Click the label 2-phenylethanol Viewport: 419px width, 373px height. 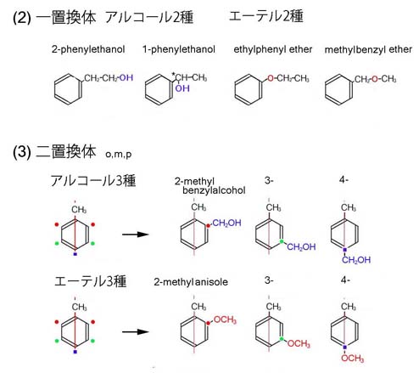88,49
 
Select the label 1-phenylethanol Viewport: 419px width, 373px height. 179,49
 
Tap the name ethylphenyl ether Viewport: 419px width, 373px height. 273,49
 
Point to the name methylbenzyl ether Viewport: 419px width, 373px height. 368,49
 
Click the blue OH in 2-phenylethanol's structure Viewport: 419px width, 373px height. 126,78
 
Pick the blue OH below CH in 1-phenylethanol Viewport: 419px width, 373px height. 182,88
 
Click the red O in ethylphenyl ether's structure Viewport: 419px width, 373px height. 271,78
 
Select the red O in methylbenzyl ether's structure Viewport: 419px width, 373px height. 375,79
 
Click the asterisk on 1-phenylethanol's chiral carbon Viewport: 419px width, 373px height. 174,75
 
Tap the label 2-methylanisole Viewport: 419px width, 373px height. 191,282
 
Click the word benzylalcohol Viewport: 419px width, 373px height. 214,190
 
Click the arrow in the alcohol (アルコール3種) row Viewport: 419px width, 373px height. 136,235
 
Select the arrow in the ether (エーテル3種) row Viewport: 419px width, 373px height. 136,331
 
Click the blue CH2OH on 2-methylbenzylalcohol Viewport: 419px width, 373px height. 226,223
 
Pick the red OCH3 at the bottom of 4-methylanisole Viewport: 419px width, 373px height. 352,358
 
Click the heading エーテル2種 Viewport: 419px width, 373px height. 266,16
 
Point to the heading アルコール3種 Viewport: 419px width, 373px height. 93,181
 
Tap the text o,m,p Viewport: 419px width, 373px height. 119,155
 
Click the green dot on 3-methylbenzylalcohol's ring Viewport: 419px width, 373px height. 282,241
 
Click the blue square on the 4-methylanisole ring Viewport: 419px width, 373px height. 344,347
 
